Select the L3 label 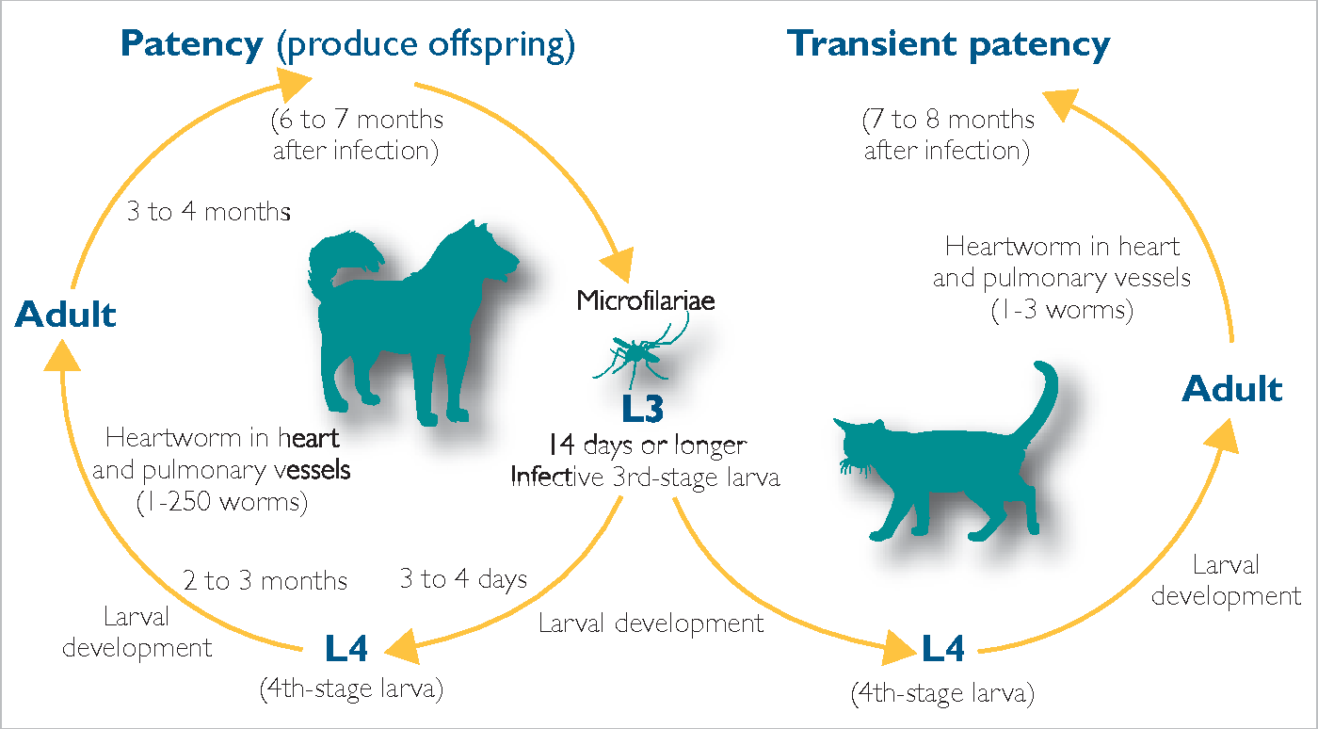pyautogui.click(x=642, y=409)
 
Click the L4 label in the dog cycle pyautogui.click(x=346, y=648)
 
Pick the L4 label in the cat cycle pyautogui.click(x=942, y=649)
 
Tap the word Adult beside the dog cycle pyautogui.click(x=65, y=314)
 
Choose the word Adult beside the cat pyautogui.click(x=1232, y=389)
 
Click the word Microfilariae pyautogui.click(x=646, y=300)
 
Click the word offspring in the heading pyautogui.click(x=501, y=45)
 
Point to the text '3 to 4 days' pyautogui.click(x=463, y=579)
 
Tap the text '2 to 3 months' pyautogui.click(x=265, y=580)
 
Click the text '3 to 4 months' pyautogui.click(x=209, y=211)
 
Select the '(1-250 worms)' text pyautogui.click(x=222, y=502)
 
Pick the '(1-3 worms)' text pyautogui.click(x=1062, y=310)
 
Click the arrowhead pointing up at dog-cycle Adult pyautogui.click(x=62, y=356)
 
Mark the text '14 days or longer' pyautogui.click(x=648, y=445)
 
